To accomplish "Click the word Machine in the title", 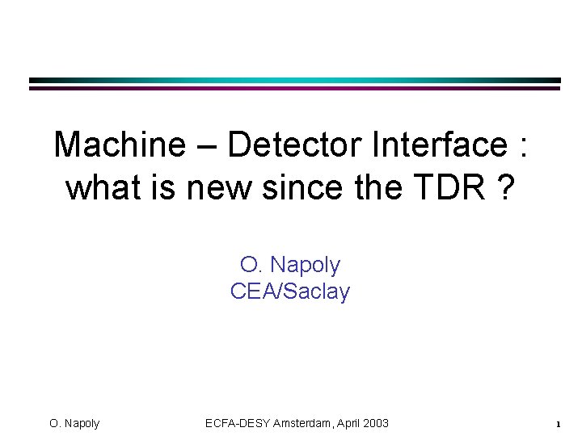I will [119, 145].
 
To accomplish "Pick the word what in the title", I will [98, 187].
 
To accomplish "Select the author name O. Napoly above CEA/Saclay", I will [290, 265].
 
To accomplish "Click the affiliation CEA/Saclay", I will [290, 291].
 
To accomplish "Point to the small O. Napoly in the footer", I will [74, 423].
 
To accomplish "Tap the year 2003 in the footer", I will [377, 423].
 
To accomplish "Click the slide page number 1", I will [558, 424].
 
